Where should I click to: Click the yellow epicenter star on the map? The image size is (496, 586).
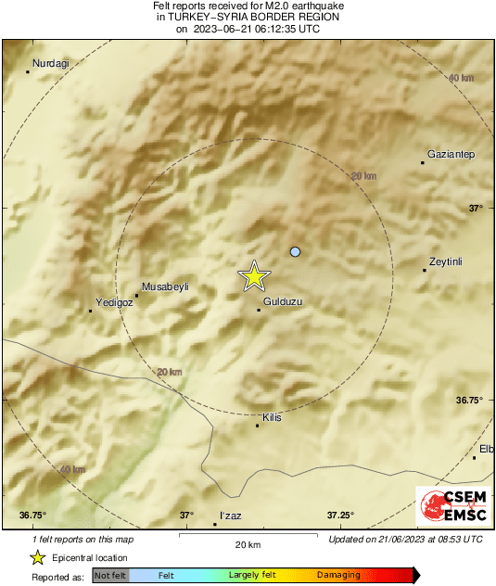pos(254,276)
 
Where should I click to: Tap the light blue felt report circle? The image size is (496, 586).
pos(296,251)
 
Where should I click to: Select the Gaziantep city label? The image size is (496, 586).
pos(451,153)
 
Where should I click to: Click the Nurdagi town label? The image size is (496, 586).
pos(51,63)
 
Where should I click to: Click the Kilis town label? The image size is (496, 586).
pos(273,418)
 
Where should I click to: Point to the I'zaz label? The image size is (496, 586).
pos(229,516)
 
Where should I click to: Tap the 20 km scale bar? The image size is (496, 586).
pos(247,536)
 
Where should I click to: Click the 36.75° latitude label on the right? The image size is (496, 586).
pos(469,401)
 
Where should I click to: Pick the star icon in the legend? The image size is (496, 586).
pos(38,557)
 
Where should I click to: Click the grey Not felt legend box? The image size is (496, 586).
pos(111,576)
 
